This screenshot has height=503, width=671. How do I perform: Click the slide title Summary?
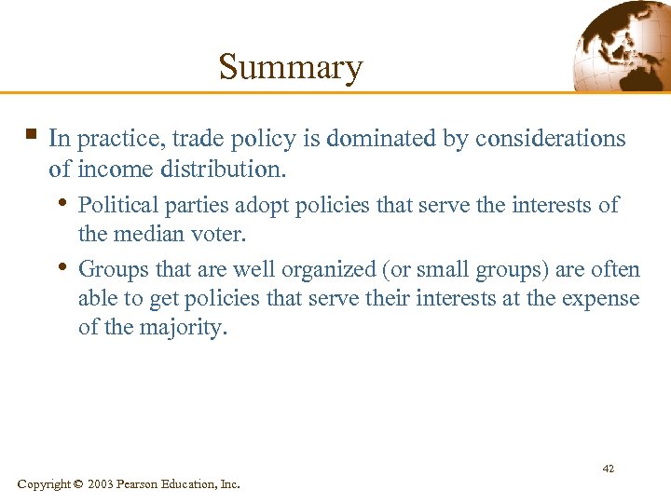pyautogui.click(x=290, y=67)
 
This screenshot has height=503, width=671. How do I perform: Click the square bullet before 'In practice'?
pyautogui.click(x=32, y=136)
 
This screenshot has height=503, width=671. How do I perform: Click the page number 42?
pyautogui.click(x=608, y=469)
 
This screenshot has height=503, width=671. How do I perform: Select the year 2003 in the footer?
pyautogui.click(x=101, y=484)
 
